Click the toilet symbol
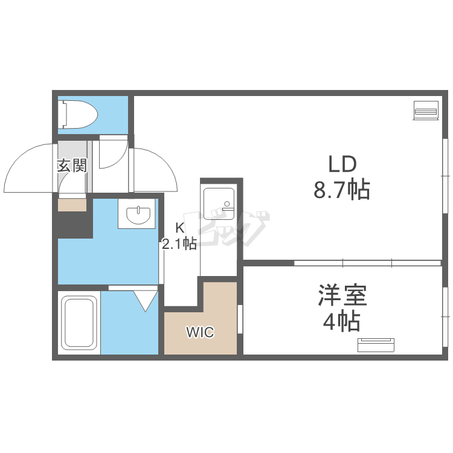(x=77, y=114)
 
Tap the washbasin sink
(x=138, y=214)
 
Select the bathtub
(x=79, y=322)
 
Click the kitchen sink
(x=219, y=204)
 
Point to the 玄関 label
(x=72, y=165)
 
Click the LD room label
(x=342, y=164)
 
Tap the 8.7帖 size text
(x=342, y=190)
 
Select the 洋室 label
(x=342, y=295)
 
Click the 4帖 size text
(x=341, y=321)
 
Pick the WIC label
(x=200, y=332)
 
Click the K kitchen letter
(x=180, y=228)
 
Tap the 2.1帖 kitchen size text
(x=179, y=243)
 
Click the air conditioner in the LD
(x=426, y=110)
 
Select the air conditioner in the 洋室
(x=376, y=345)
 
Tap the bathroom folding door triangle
(x=146, y=301)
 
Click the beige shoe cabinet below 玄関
(x=72, y=205)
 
